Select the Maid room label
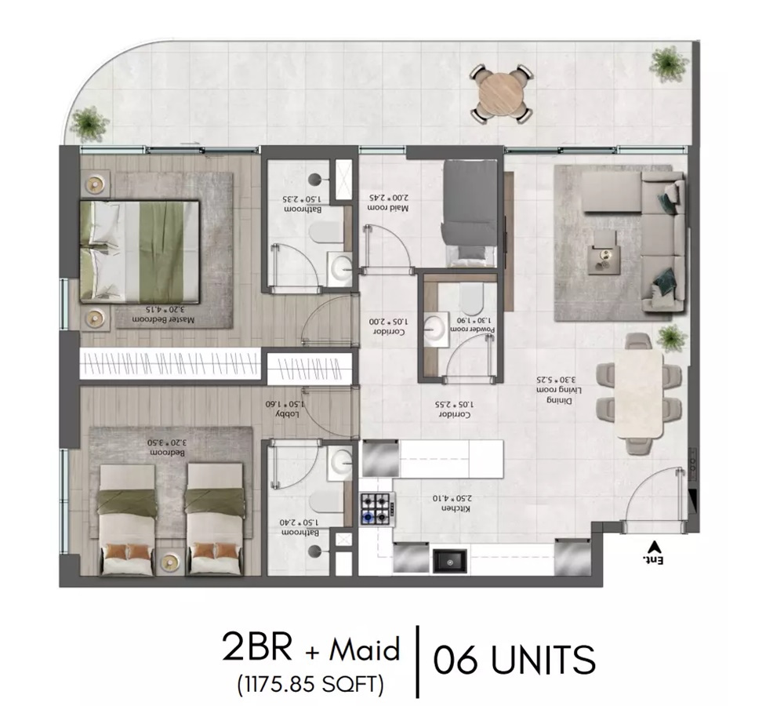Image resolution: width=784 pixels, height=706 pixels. (389, 203)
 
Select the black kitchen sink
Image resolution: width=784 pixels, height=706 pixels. (450, 560)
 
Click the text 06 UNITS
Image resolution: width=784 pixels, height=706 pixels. (514, 660)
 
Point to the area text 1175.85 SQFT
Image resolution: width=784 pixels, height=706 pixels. (310, 684)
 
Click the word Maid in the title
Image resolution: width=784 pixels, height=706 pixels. (365, 650)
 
